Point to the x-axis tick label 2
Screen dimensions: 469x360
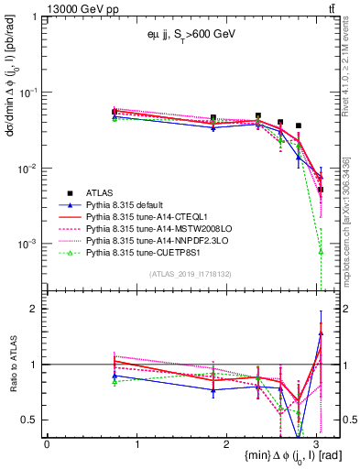coord(227,443)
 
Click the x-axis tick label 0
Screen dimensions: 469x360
coord(47,443)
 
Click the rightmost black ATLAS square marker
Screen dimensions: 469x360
coord(321,190)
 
